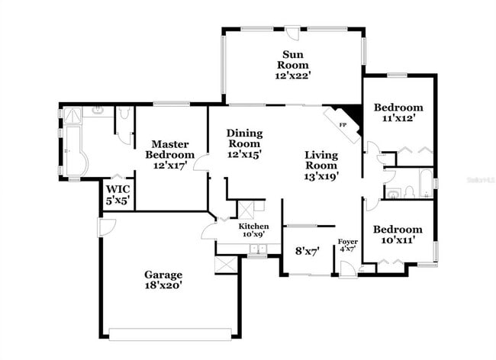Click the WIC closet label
(x=118, y=188)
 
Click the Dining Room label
(x=244, y=138)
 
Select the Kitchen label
(x=253, y=227)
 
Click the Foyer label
(x=348, y=242)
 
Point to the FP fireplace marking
(x=343, y=124)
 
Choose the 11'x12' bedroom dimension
(x=398, y=118)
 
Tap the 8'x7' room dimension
(x=308, y=249)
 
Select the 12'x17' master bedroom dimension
(x=170, y=165)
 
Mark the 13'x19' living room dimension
(x=321, y=175)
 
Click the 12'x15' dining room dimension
(x=244, y=154)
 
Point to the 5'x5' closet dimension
(x=118, y=201)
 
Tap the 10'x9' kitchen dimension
(x=253, y=235)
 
